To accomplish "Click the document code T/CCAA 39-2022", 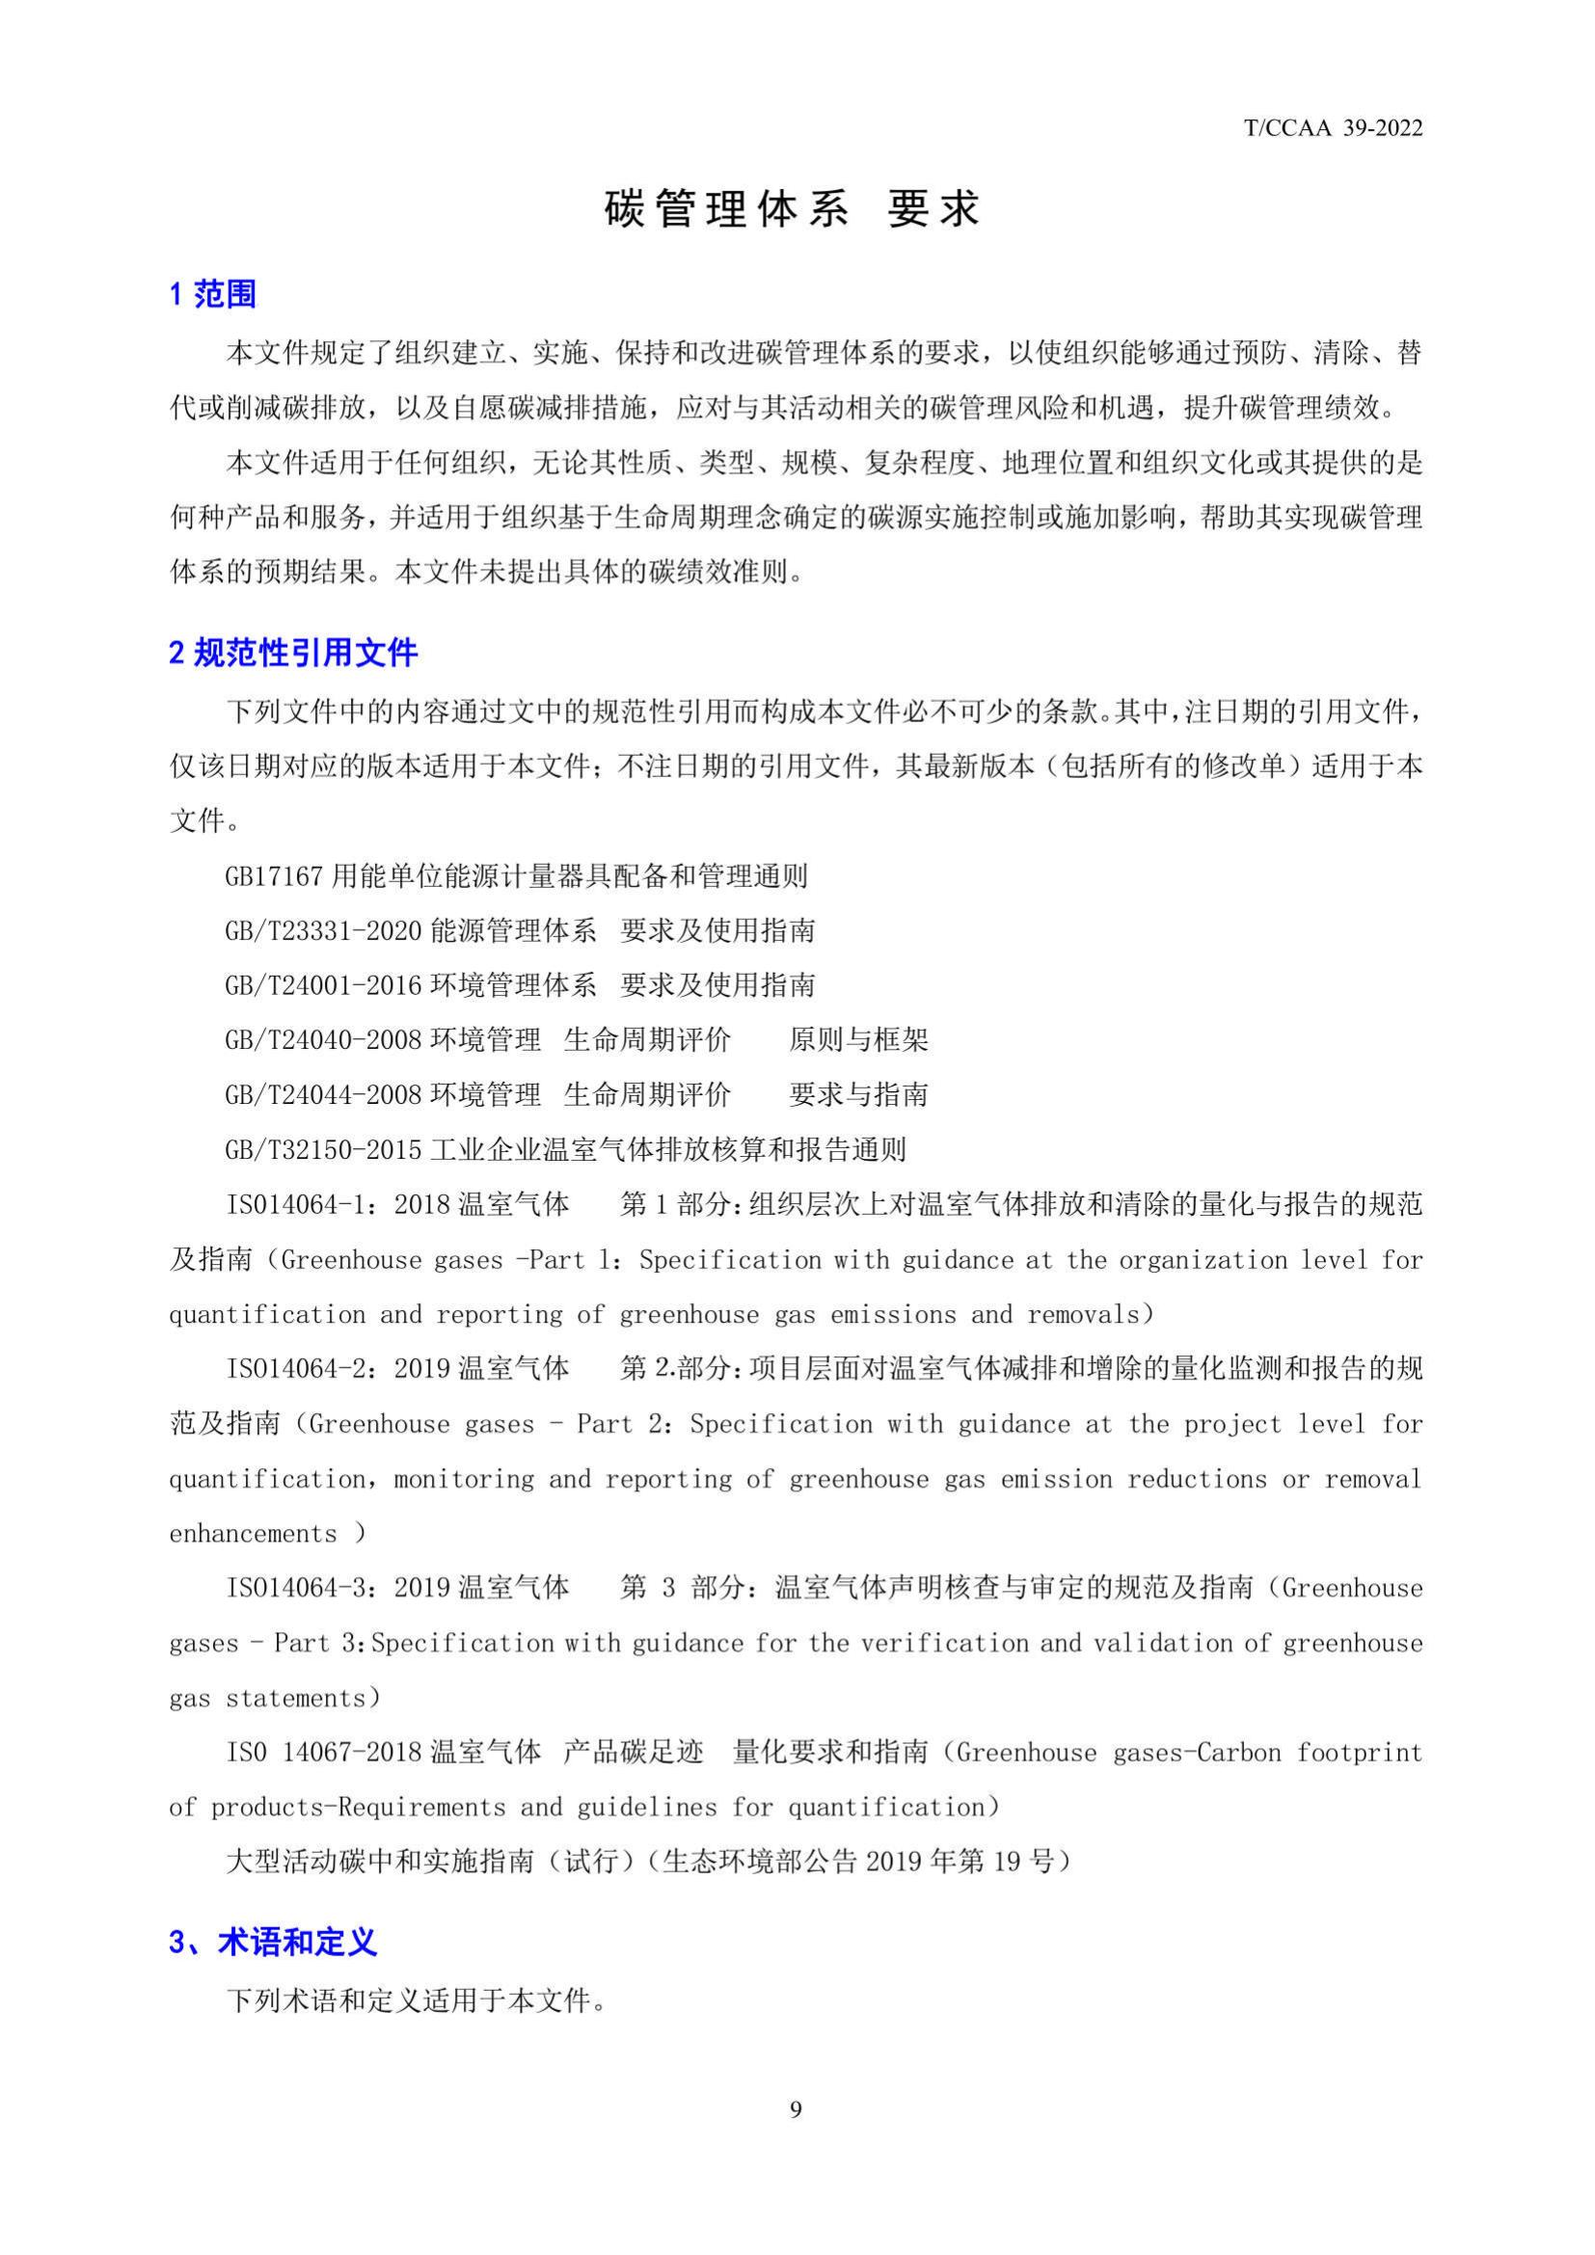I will [1333, 128].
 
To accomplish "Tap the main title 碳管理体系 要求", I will [793, 209].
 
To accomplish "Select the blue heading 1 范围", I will [213, 294].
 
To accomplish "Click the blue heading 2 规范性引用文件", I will [294, 653].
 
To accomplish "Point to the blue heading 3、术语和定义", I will [273, 1963].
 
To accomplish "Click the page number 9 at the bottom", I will [796, 2109].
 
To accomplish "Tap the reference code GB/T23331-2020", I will [324, 931].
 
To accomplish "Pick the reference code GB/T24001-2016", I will [324, 985].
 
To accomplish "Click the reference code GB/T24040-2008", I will [324, 1040].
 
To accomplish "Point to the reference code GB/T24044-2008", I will [324, 1095].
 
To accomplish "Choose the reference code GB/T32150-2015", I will [324, 1150].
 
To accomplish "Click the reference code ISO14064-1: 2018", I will [338, 1205].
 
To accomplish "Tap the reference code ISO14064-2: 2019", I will [338, 1369].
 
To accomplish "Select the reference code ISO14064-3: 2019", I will [338, 1588].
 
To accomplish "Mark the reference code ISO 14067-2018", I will [324, 1752].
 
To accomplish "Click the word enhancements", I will [253, 1534].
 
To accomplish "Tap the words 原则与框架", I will [858, 1040].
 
